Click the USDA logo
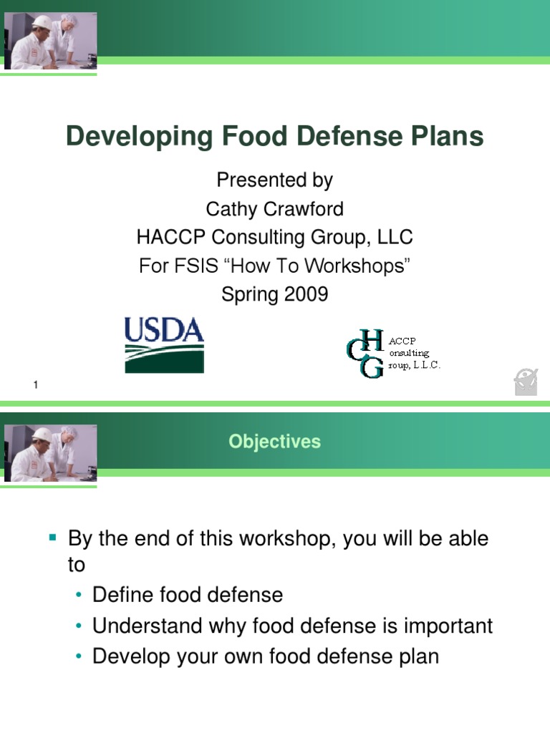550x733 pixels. (164, 345)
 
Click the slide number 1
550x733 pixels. (35, 387)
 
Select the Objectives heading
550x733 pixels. (274, 442)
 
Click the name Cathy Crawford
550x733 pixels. (274, 209)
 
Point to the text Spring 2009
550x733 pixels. (274, 294)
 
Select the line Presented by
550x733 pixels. (274, 180)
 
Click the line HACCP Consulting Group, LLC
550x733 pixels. (274, 238)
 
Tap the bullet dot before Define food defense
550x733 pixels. (79, 596)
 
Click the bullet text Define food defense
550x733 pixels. (188, 595)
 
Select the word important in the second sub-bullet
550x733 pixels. (448, 626)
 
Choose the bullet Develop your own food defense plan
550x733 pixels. (265, 656)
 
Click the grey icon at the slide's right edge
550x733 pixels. (526, 382)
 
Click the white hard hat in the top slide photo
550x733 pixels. (42, 22)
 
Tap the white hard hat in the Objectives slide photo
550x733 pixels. (42, 435)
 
